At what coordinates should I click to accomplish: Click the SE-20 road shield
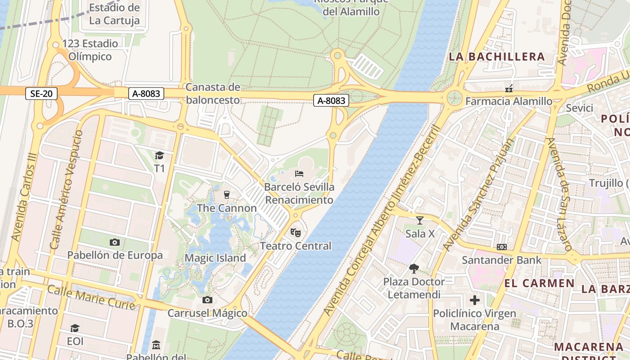point(41,94)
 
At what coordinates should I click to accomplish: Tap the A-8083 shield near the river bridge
point(332,101)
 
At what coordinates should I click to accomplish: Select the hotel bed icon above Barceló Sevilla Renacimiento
point(299,174)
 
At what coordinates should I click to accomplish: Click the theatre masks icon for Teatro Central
point(295,232)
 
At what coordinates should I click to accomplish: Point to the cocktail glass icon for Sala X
point(420,220)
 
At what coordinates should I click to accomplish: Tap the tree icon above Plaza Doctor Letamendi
point(414,269)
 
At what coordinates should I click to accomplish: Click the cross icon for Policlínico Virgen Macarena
point(475,300)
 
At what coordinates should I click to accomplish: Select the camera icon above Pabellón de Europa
point(115,243)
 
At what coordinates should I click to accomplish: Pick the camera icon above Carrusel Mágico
point(207,300)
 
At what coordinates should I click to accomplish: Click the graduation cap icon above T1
point(159,156)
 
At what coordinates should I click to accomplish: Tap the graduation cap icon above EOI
point(75,328)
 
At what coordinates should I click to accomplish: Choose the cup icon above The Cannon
point(227,195)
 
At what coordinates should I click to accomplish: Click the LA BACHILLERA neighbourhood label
point(497,57)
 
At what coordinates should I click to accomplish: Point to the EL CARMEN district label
point(539,283)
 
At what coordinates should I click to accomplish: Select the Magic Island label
point(216,258)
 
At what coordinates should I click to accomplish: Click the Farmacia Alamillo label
point(508,101)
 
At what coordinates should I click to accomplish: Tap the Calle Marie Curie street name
point(91,297)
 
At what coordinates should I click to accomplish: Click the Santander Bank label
point(494,260)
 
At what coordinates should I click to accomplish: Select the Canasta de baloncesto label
point(213,93)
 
